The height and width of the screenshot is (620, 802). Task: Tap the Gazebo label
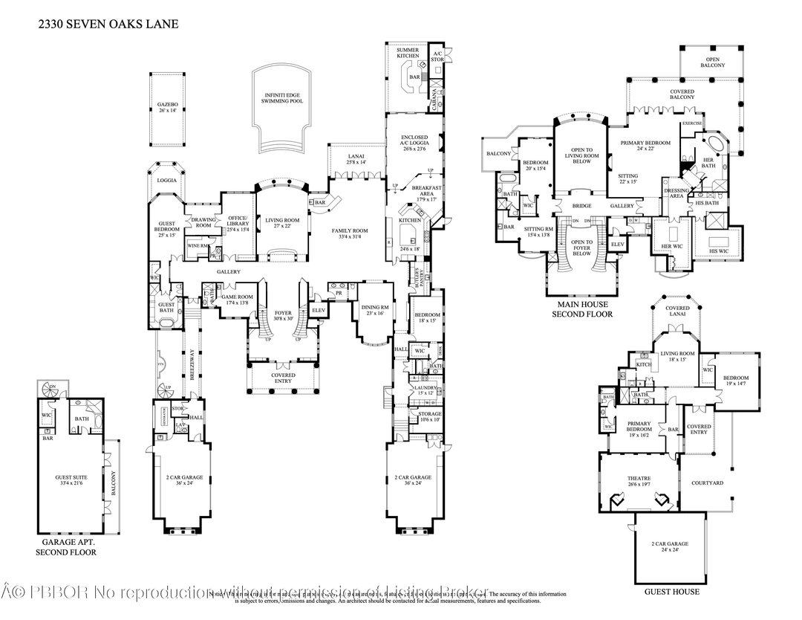coord(168,107)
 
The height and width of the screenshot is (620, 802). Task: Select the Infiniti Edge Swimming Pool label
coord(282,100)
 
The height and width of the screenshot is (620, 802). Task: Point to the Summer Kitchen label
coord(408,53)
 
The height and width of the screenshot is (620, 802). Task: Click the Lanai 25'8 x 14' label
coord(356,158)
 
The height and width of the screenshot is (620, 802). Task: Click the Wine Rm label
coord(197,245)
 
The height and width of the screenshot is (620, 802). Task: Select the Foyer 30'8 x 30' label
coord(283,315)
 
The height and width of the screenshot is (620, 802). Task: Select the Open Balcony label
coord(712,62)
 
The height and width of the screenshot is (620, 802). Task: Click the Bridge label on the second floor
coord(581,206)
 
